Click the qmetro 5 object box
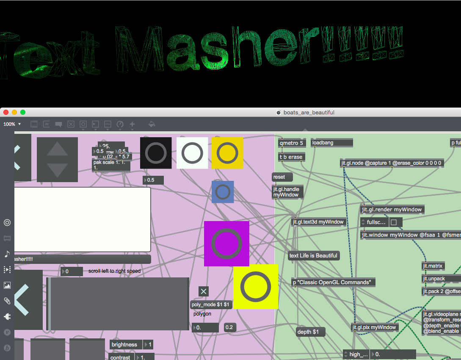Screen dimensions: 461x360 click(292, 143)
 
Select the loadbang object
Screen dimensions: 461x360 click(331, 143)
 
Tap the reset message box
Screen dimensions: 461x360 click(282, 177)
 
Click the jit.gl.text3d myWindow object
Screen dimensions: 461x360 click(318, 222)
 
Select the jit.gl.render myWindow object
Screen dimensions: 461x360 click(392, 209)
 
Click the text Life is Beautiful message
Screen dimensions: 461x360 click(313, 255)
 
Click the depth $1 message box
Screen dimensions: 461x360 click(311, 332)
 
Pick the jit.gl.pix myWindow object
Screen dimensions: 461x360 click(375, 327)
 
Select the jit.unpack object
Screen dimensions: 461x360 click(434, 279)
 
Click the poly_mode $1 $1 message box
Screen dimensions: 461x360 click(211, 305)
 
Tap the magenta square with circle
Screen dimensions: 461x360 click(226, 244)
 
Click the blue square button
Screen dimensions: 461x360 click(223, 192)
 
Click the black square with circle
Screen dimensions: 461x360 click(156, 153)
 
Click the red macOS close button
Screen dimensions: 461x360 click(6, 112)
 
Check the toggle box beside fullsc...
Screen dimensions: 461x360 click(394, 222)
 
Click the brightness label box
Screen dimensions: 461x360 click(124, 344)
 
